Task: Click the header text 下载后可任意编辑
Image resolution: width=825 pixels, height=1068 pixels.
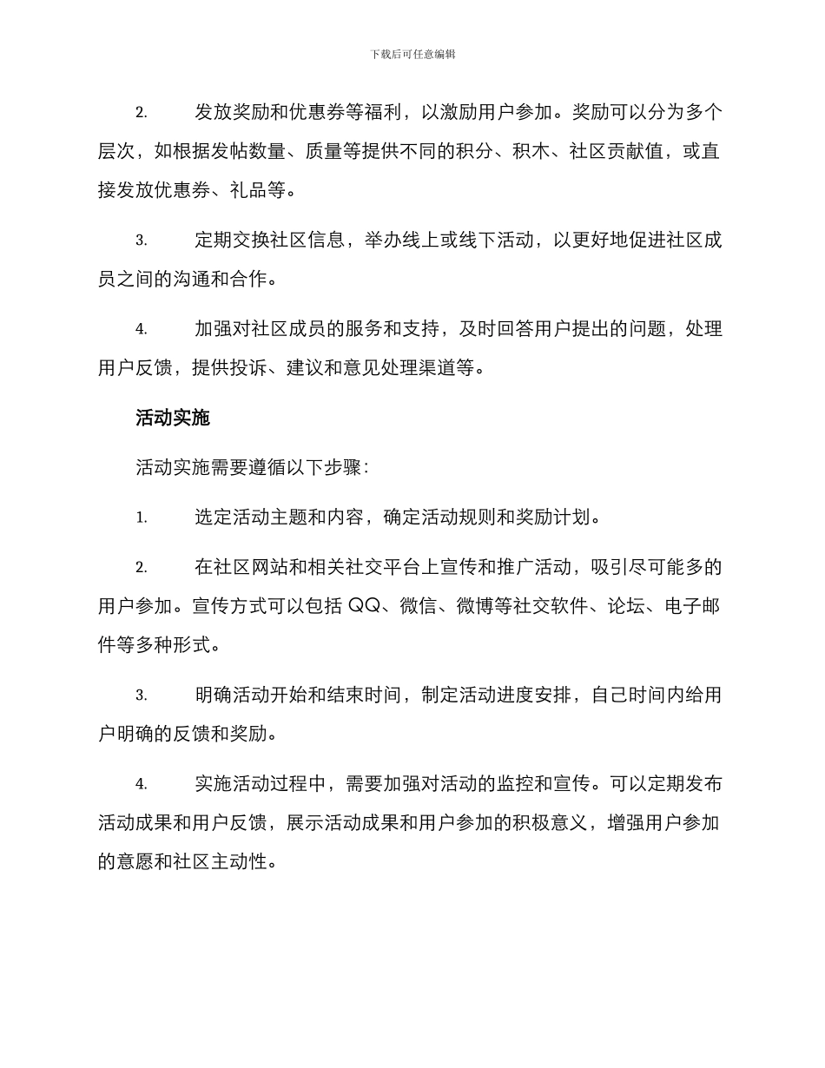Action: (x=412, y=54)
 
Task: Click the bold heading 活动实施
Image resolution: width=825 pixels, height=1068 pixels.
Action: (x=173, y=419)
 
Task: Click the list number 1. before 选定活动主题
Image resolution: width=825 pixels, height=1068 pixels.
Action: (x=142, y=518)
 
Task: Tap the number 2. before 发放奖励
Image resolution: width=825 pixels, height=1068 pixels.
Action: (x=142, y=114)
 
